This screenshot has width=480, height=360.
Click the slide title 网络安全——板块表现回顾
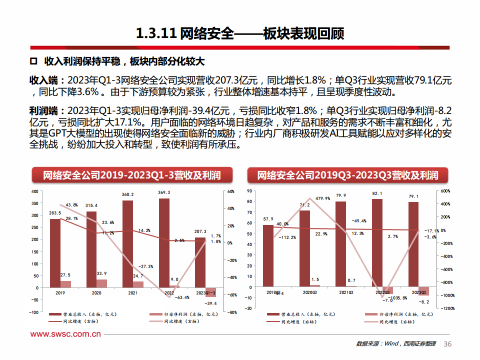[x=240, y=33]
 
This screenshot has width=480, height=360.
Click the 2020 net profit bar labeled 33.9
[x=101, y=283]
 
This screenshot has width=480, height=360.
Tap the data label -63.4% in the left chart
[x=182, y=297]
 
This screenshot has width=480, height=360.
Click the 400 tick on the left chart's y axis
[x=34, y=191]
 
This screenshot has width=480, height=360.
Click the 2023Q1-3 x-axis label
[x=205, y=293]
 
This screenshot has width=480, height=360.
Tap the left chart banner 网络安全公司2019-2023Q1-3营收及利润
[x=131, y=175]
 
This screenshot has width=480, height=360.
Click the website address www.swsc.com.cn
[x=66, y=334]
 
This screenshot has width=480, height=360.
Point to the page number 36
[x=447, y=344]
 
